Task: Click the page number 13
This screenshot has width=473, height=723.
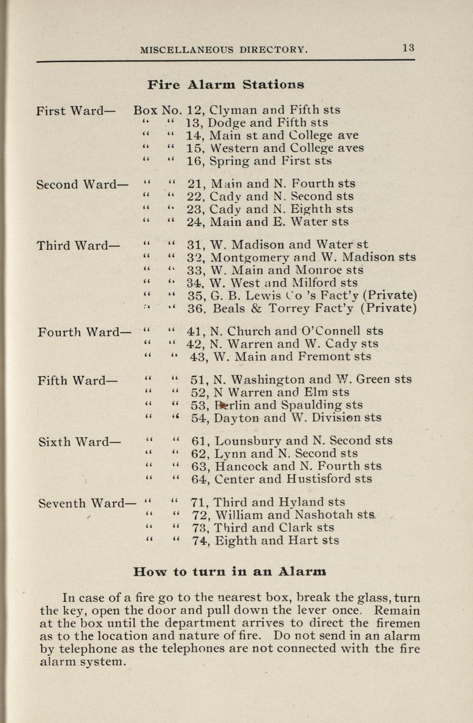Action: (x=409, y=48)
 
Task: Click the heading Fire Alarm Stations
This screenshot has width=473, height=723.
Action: (x=226, y=84)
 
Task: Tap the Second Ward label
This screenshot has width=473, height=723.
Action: (x=83, y=184)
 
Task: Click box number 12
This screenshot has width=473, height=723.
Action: (x=195, y=111)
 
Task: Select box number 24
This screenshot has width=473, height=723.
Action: (x=195, y=222)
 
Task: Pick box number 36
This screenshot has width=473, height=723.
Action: (x=195, y=309)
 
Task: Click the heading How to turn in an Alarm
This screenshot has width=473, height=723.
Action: (x=230, y=571)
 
